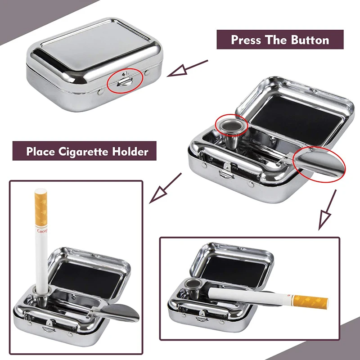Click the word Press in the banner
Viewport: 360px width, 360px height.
pyautogui.click(x=247, y=40)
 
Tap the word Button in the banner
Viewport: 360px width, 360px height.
pyautogui.click(x=310, y=40)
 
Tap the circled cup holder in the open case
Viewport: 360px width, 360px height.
pyautogui.click(x=231, y=124)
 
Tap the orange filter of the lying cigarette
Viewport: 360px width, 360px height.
pyautogui.click(x=310, y=300)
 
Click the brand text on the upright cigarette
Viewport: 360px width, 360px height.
pyautogui.click(x=41, y=232)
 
